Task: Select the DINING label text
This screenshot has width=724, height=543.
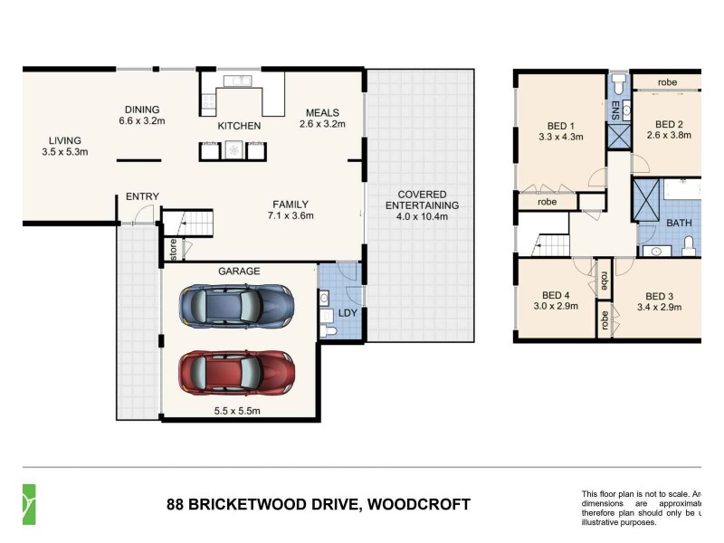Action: (x=141, y=109)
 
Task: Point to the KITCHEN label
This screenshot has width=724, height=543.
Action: (x=239, y=126)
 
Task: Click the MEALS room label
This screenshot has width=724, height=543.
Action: (x=321, y=112)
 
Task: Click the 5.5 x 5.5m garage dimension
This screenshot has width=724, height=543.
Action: (x=237, y=411)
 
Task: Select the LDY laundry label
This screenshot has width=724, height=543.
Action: (x=348, y=313)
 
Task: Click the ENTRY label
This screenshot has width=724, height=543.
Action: (x=142, y=196)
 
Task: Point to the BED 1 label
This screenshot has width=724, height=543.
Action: (x=560, y=126)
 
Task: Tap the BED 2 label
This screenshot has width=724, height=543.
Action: (x=668, y=124)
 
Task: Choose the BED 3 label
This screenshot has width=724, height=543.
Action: (x=659, y=296)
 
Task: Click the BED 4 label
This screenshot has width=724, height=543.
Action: (x=556, y=296)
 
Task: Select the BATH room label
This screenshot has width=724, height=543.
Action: (x=679, y=222)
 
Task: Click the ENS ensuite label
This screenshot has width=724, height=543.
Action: (x=614, y=110)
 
